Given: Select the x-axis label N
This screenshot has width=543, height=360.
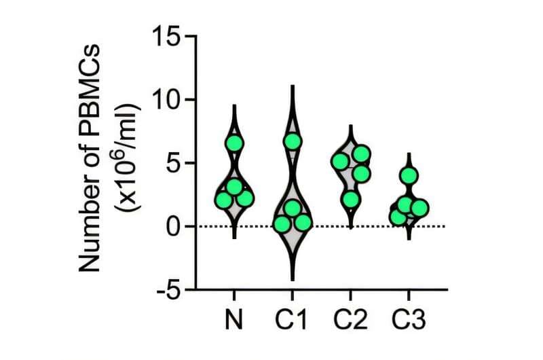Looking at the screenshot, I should pos(234,319).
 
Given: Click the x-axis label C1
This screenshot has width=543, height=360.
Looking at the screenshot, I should pos(293,319).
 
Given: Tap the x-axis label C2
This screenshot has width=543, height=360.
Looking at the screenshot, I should pos(351,319).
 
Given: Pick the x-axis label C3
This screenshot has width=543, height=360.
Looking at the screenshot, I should pos(409,319).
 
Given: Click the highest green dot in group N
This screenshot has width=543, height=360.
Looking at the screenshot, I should pos(234,143).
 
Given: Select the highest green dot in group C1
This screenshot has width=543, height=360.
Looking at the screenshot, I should pos(293,141).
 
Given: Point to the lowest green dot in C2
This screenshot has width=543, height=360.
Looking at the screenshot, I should pos(350,199).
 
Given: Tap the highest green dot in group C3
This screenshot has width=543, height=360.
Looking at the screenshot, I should pos(409,176).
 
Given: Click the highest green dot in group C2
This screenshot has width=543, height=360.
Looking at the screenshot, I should pos(361,154).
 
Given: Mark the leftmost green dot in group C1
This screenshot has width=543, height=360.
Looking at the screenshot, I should pos(282,224).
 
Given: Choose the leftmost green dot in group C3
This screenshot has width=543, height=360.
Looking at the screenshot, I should pos(398,217).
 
